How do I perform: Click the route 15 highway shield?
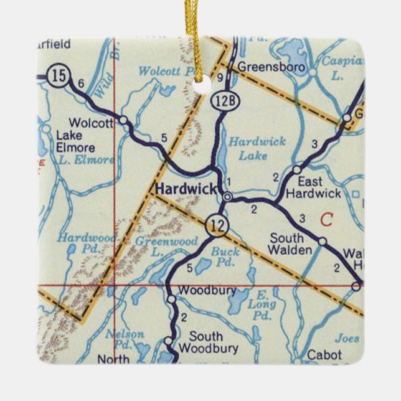(59, 77)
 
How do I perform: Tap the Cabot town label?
(324, 355)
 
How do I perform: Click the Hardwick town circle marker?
(228, 197)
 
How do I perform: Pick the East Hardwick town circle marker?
(297, 169)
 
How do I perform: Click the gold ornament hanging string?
(201, 37)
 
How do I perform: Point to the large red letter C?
(325, 219)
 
